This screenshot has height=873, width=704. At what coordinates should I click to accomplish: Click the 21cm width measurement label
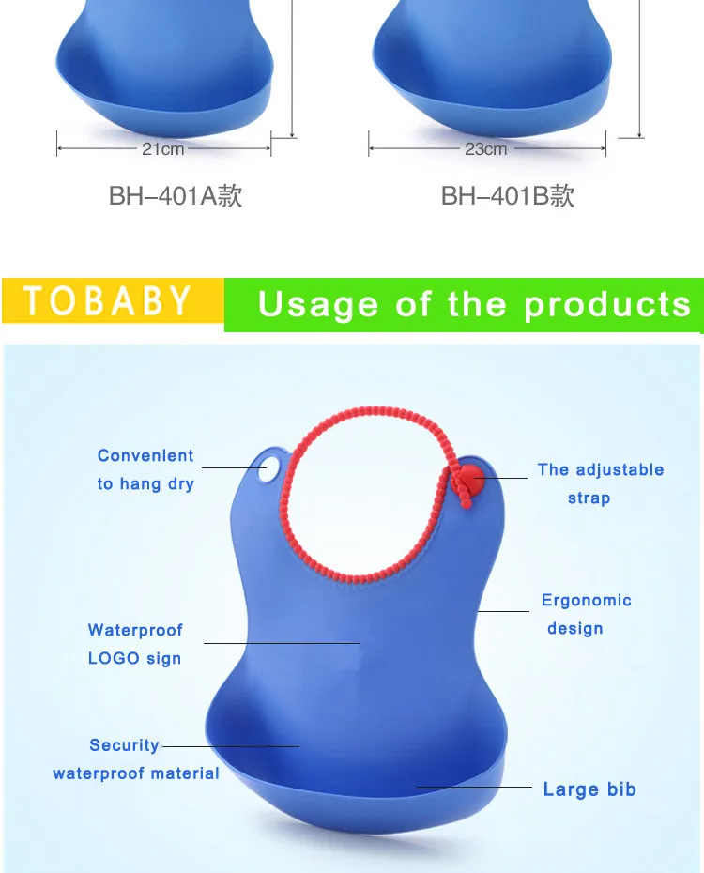tap(162, 149)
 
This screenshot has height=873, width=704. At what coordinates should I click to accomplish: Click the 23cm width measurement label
tap(486, 149)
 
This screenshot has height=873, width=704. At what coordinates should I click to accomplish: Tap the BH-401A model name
tap(176, 195)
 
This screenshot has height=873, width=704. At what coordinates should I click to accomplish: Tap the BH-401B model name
tap(507, 195)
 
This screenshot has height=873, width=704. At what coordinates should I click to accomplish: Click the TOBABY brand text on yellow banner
tap(107, 300)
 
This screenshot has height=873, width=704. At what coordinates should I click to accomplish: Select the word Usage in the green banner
tap(318, 305)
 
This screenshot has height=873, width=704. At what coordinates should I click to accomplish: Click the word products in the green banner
tap(607, 305)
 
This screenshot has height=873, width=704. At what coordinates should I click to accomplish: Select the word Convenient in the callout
tap(145, 455)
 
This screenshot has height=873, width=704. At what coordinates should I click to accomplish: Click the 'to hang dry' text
tap(145, 483)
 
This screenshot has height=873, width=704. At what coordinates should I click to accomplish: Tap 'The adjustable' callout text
tap(601, 469)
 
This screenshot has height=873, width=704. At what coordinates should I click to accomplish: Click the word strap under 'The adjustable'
tap(589, 498)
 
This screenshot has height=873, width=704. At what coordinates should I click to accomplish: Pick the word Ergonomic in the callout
tap(586, 600)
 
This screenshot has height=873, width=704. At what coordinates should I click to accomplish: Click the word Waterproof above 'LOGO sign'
tap(135, 630)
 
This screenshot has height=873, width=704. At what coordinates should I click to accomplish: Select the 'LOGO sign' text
tap(134, 658)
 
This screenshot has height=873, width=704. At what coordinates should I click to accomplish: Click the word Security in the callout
tap(124, 745)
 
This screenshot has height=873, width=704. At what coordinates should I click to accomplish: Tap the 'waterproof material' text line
tap(136, 773)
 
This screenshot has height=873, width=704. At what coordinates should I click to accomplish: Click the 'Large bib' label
tap(589, 789)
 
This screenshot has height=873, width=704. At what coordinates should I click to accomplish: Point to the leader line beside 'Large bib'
tap(474, 787)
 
